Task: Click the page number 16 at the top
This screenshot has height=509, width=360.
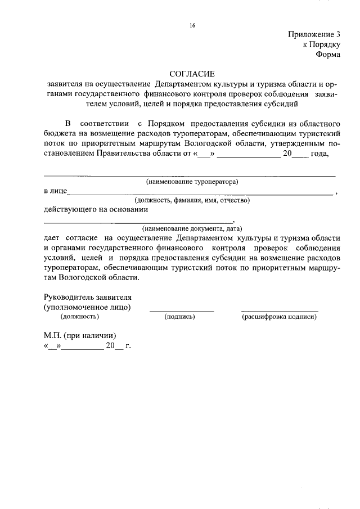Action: point(192,25)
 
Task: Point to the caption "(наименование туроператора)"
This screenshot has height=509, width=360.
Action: point(192,182)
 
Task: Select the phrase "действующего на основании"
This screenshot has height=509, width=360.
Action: point(96,210)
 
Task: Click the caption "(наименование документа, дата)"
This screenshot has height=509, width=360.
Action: point(192,229)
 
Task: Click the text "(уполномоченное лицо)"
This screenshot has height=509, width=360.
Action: point(88,307)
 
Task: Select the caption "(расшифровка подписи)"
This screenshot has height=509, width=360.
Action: point(279,317)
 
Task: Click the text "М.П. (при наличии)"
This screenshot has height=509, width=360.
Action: point(80,335)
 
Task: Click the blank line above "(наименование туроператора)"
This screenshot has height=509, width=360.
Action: point(190,175)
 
